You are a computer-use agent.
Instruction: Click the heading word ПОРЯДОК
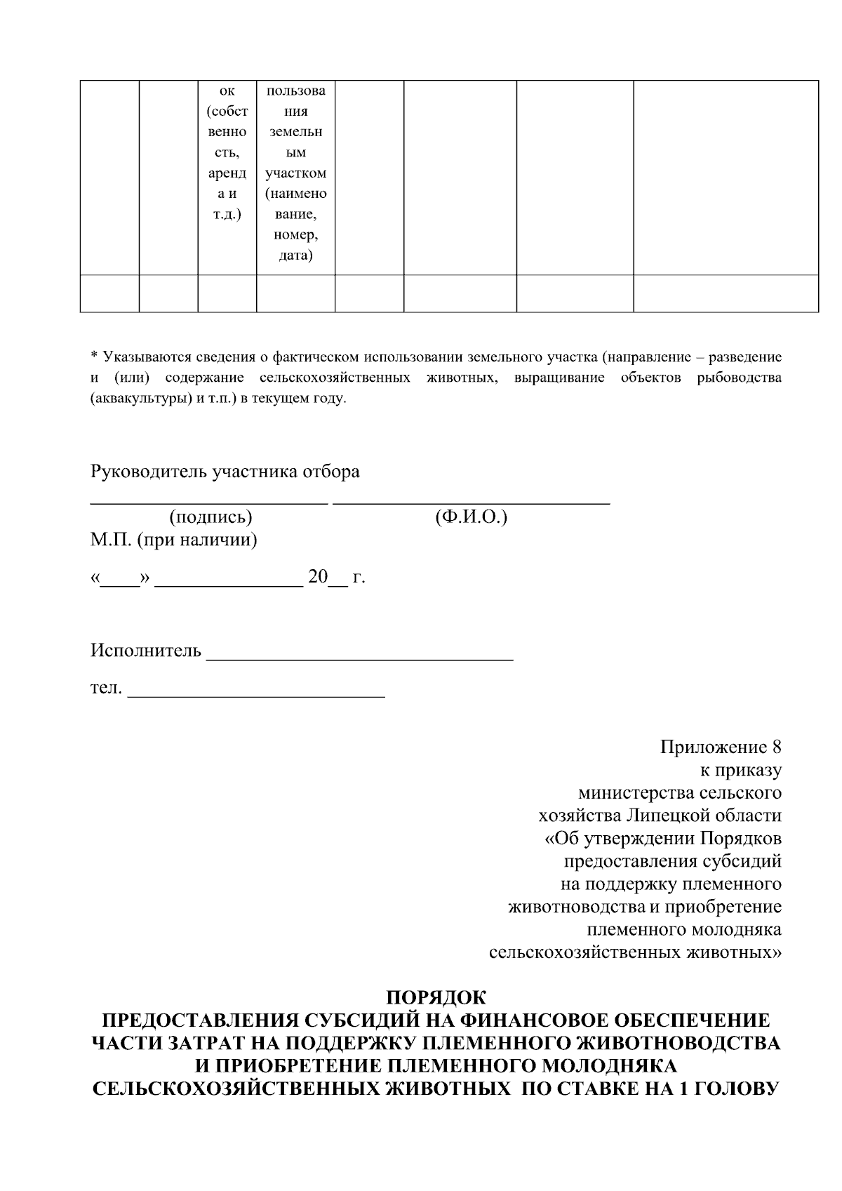click(436, 997)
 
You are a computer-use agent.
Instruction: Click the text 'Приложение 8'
click(721, 747)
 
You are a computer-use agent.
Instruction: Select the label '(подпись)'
click(210, 517)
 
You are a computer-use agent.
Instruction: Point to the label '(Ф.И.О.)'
click(471, 517)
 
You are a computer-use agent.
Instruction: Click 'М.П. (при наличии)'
click(173, 540)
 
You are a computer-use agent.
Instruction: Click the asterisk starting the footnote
click(95, 357)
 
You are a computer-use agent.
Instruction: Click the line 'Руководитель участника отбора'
click(225, 472)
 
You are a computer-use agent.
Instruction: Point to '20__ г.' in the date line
click(336, 578)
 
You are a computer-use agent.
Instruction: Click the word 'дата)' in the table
click(295, 255)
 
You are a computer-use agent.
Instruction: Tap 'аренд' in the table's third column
click(227, 173)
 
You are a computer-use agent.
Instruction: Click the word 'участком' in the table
click(295, 173)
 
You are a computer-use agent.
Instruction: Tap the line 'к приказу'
click(741, 770)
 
